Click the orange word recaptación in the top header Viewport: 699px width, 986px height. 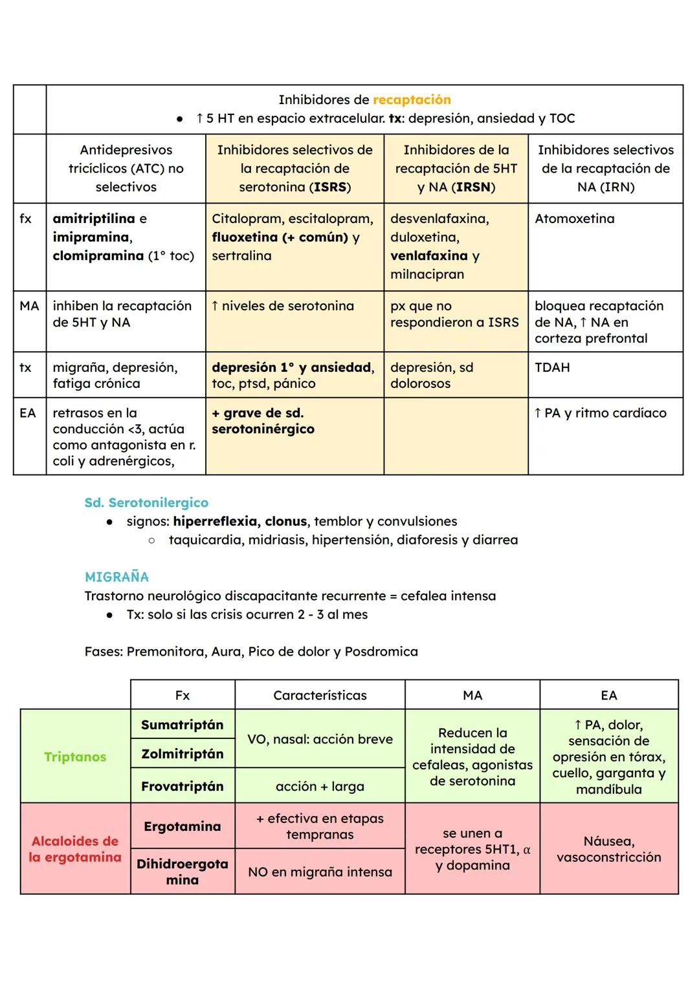[x=412, y=100]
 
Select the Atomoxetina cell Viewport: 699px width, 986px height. [x=574, y=219]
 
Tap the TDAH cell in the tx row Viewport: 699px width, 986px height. [x=552, y=367]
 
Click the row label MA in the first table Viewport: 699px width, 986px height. [x=29, y=306]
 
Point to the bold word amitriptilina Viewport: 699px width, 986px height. [x=94, y=219]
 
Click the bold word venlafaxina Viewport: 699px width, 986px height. [x=428, y=255]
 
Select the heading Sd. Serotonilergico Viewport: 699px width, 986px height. [x=146, y=502]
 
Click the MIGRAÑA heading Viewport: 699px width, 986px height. [x=116, y=577]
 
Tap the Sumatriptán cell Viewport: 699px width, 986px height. [x=182, y=725]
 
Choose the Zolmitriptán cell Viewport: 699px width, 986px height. [x=182, y=753]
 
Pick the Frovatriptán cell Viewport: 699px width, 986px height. [x=182, y=786]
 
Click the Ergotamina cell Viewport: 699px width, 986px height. [x=182, y=826]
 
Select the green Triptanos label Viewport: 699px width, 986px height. [x=75, y=756]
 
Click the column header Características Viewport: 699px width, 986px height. [x=320, y=695]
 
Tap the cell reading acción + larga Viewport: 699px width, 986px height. [x=320, y=786]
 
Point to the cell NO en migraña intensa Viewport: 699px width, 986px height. [x=320, y=872]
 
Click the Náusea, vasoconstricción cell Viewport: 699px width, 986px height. [x=608, y=849]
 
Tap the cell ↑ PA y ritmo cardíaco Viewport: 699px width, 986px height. [x=600, y=413]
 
